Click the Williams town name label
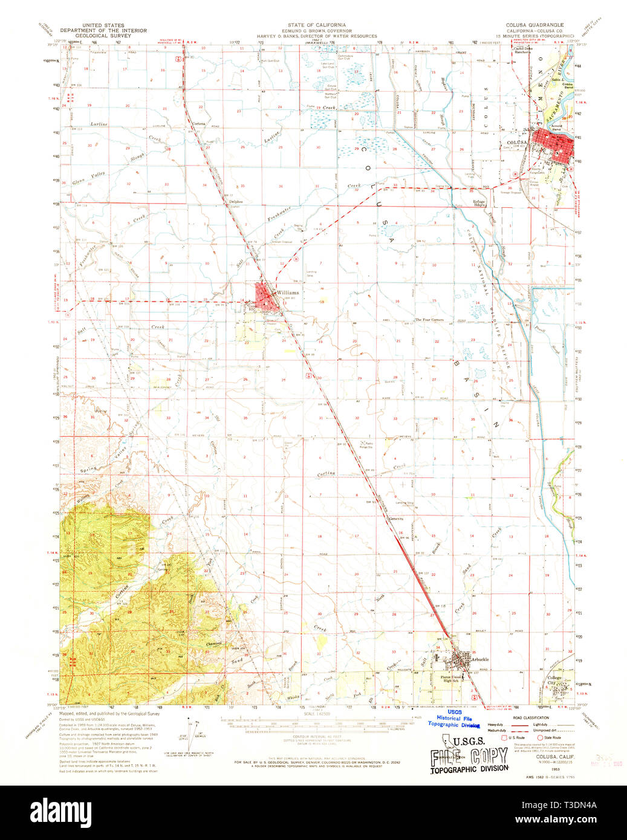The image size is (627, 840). tap(287, 292)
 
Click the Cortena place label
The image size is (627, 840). tap(198, 124)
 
